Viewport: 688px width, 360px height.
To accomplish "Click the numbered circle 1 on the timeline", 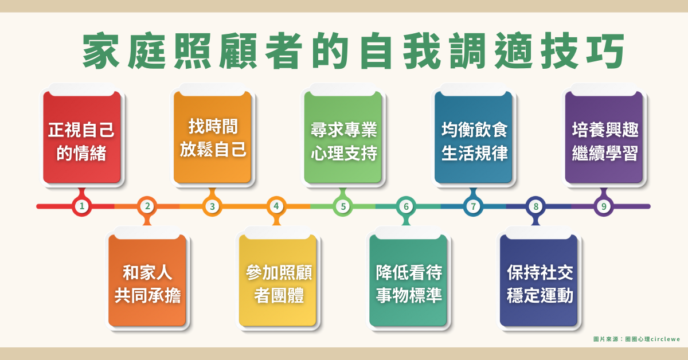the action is pos(81,206).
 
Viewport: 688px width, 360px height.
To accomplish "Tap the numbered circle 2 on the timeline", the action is pos(147,206).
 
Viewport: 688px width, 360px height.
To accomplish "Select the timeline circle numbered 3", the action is pos(212,206).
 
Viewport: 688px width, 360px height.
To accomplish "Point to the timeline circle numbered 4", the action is pos(276,206).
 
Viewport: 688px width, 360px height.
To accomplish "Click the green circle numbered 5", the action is pos(343,206).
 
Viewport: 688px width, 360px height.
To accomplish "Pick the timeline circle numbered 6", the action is pos(406,206).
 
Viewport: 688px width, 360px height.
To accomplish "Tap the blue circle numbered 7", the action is pos(474,206).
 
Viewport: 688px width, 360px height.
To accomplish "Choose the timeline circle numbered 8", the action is pos(535,206).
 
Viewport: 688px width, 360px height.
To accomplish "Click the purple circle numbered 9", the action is pos(604,206).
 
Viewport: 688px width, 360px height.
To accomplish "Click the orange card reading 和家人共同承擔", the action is pos(147,280).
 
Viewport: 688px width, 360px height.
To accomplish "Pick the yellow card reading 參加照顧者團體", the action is pos(277,280).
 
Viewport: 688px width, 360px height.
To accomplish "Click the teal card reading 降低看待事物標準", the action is pos(408,280).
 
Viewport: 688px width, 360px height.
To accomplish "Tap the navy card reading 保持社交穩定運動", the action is pos(538,280).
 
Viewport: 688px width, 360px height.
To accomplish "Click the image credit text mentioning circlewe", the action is pos(636,339).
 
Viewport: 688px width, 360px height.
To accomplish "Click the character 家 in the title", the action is pos(101,50).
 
